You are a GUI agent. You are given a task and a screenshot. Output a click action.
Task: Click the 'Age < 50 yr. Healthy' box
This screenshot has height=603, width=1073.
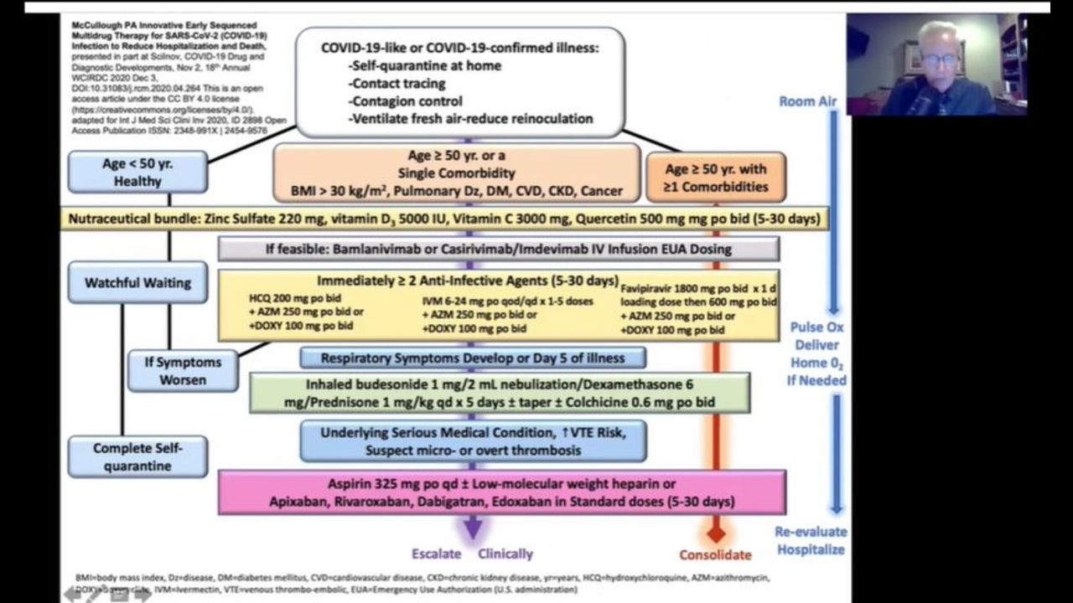click(137, 172)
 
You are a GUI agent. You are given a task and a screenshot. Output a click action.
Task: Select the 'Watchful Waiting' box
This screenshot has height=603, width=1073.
click(137, 283)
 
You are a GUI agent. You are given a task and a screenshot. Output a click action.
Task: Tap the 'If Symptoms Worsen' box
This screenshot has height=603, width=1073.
click(182, 371)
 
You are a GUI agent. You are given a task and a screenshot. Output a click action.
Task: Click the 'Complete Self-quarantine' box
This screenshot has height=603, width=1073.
click(137, 456)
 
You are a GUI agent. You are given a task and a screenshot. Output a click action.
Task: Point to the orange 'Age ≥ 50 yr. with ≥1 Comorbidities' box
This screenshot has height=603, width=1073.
click(715, 178)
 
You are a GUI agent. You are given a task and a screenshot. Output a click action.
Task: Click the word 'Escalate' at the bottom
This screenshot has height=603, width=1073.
click(436, 554)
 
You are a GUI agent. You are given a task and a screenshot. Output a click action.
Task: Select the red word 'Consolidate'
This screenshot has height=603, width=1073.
click(715, 554)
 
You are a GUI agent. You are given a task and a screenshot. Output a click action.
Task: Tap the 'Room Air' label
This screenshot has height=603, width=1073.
click(808, 101)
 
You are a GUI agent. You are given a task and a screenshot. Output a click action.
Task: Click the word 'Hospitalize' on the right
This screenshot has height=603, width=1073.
click(811, 549)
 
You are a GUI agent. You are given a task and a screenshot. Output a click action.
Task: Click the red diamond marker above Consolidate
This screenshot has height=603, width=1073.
click(715, 532)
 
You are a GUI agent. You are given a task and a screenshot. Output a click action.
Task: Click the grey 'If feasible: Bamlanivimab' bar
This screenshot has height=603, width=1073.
click(498, 249)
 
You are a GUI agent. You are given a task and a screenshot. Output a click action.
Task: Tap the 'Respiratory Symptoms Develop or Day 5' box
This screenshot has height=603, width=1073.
click(473, 358)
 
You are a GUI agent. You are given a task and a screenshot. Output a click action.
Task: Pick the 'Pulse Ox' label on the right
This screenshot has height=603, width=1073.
click(816, 327)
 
